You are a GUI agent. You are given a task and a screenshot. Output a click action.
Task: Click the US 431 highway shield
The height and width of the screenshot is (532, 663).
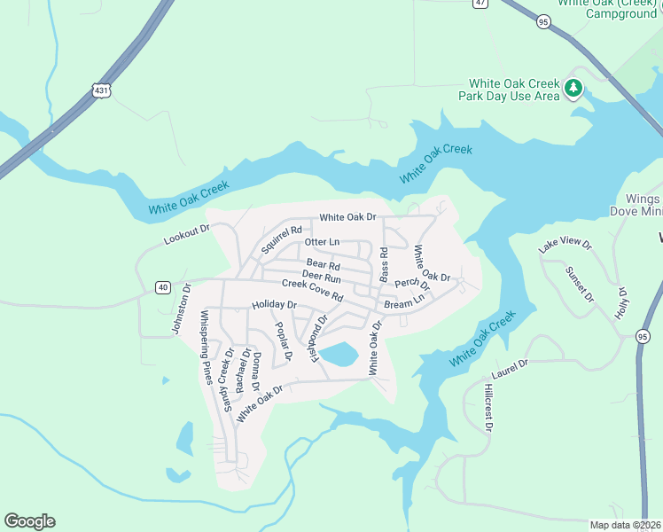tap(99, 90)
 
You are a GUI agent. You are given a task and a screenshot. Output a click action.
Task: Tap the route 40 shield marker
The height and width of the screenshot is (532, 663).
tap(162, 286)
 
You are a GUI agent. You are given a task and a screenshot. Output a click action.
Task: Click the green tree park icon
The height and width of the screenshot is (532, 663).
tap(573, 88)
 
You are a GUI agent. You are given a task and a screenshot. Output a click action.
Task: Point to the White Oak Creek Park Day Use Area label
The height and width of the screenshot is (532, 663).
tap(509, 89)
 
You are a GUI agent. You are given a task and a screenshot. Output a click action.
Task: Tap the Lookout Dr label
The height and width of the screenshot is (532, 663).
tap(186, 235)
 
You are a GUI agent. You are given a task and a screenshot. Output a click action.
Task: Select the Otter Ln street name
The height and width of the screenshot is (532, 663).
tap(322, 241)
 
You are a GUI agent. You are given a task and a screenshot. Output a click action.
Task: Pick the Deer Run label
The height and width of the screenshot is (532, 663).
tap(321, 276)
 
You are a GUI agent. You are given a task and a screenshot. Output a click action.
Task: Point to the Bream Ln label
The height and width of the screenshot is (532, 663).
tap(404, 303)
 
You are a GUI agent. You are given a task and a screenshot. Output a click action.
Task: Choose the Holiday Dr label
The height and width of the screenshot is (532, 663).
tap(273, 304)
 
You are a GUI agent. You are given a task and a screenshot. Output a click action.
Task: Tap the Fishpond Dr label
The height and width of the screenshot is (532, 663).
tap(316, 336)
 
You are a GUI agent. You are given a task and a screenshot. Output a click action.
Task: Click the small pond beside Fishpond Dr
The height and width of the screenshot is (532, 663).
tap(339, 356)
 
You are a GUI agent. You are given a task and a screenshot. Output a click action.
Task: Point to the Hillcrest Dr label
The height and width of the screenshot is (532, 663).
tap(487, 408)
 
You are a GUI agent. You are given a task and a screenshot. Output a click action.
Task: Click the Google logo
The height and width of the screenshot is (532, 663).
tap(29, 520)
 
